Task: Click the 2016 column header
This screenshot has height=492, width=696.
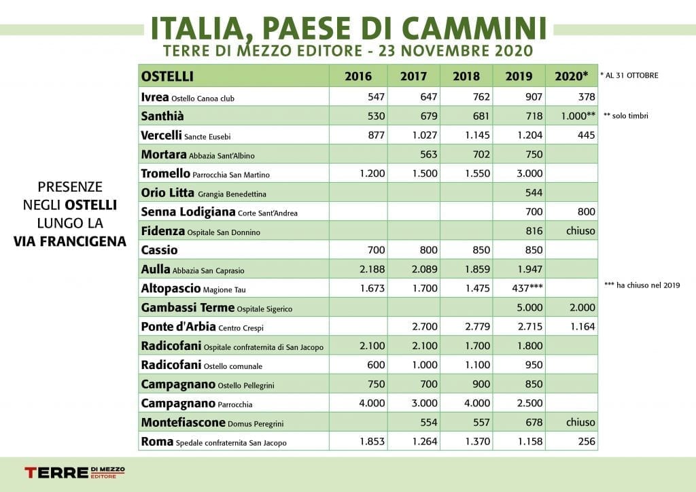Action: (358, 76)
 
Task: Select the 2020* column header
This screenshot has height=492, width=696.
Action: (571, 76)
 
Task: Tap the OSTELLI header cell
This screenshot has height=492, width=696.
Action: (167, 76)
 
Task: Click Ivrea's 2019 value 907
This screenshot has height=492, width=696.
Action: (534, 96)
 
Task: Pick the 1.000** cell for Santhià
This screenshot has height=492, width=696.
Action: (578, 116)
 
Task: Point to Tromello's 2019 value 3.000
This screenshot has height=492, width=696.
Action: (529, 173)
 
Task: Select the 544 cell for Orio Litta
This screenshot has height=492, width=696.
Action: (534, 192)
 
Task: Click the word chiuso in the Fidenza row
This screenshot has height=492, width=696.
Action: (580, 230)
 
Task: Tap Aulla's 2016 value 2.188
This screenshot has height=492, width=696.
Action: (372, 269)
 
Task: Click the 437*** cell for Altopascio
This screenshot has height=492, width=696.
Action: (527, 288)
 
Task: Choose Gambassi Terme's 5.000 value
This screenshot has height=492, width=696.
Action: (529, 307)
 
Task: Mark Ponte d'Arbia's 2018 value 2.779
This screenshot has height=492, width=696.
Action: (478, 326)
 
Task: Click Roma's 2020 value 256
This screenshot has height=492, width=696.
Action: (587, 442)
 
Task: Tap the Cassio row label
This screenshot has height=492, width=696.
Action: (159, 250)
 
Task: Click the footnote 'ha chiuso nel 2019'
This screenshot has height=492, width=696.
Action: (642, 285)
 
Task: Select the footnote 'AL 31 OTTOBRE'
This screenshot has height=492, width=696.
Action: (629, 75)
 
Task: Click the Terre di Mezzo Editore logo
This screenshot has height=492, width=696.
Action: (75, 472)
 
